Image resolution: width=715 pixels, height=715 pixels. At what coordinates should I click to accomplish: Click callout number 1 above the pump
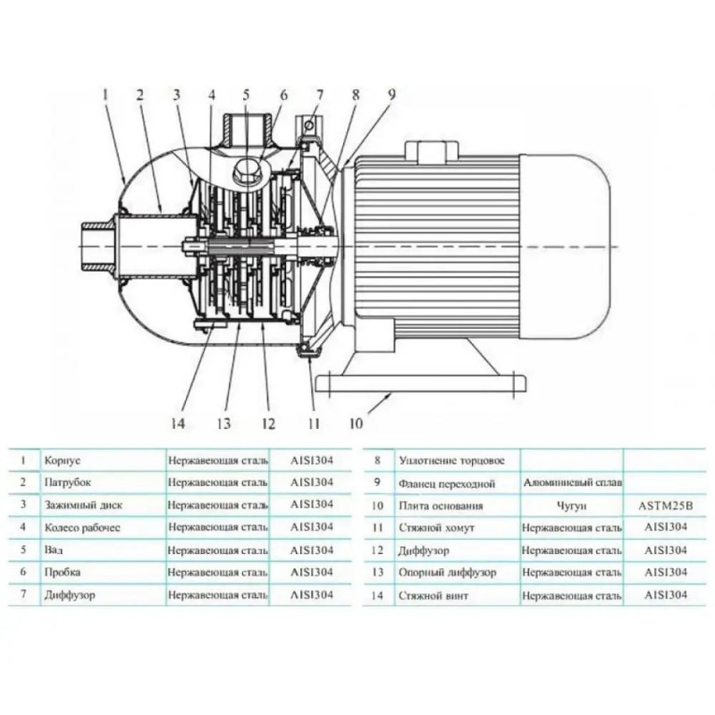(105, 93)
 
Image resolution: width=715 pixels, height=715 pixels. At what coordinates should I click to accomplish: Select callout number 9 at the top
(390, 93)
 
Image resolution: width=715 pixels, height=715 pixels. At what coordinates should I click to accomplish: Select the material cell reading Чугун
(571, 506)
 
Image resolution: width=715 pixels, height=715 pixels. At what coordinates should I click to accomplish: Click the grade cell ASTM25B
(663, 506)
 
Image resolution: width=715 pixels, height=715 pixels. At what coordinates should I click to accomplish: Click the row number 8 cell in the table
(377, 461)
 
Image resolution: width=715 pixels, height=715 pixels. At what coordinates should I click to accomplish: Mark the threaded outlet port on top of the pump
(249, 127)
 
